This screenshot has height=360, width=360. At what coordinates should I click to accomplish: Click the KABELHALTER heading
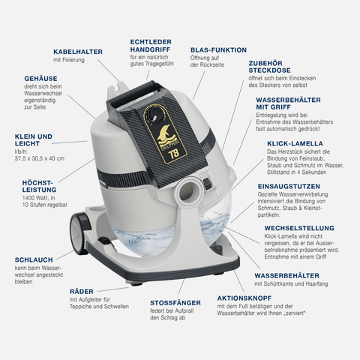(x=78, y=52)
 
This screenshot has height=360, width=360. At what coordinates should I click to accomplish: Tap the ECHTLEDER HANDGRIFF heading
(x=151, y=45)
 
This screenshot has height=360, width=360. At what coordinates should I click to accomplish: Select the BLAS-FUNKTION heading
(x=218, y=50)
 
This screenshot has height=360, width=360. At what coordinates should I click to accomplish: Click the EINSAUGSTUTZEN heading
(x=289, y=187)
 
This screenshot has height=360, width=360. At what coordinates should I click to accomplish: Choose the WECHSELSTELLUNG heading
(x=299, y=228)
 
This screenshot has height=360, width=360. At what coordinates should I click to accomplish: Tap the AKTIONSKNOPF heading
(x=244, y=298)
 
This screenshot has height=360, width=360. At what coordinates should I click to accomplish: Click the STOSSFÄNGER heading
(x=175, y=302)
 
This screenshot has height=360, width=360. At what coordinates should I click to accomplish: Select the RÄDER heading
(x=82, y=291)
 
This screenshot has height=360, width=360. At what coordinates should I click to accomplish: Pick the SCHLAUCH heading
(x=34, y=259)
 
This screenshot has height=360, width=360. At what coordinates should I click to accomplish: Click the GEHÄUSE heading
(x=40, y=78)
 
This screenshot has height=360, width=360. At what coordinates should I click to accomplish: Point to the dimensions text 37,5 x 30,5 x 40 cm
(x=40, y=158)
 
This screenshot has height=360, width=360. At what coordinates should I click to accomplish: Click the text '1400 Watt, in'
(x=39, y=198)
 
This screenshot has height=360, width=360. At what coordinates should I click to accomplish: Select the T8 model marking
(x=174, y=153)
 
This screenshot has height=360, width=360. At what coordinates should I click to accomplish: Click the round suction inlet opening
(x=188, y=190)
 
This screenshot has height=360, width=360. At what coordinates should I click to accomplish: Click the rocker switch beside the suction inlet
(x=207, y=183)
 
